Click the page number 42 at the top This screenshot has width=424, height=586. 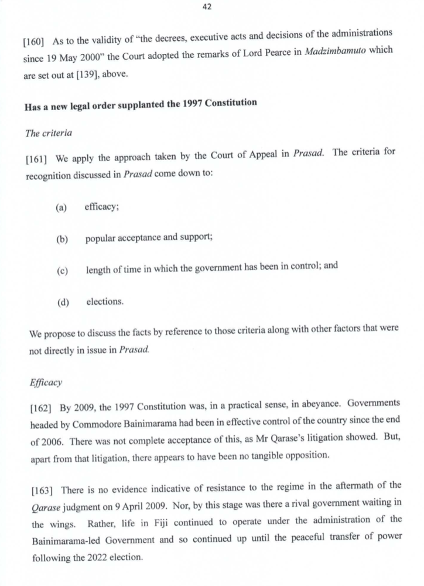tap(207, 7)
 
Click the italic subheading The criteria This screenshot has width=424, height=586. tap(49, 133)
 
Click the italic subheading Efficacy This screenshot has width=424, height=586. tap(45, 383)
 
